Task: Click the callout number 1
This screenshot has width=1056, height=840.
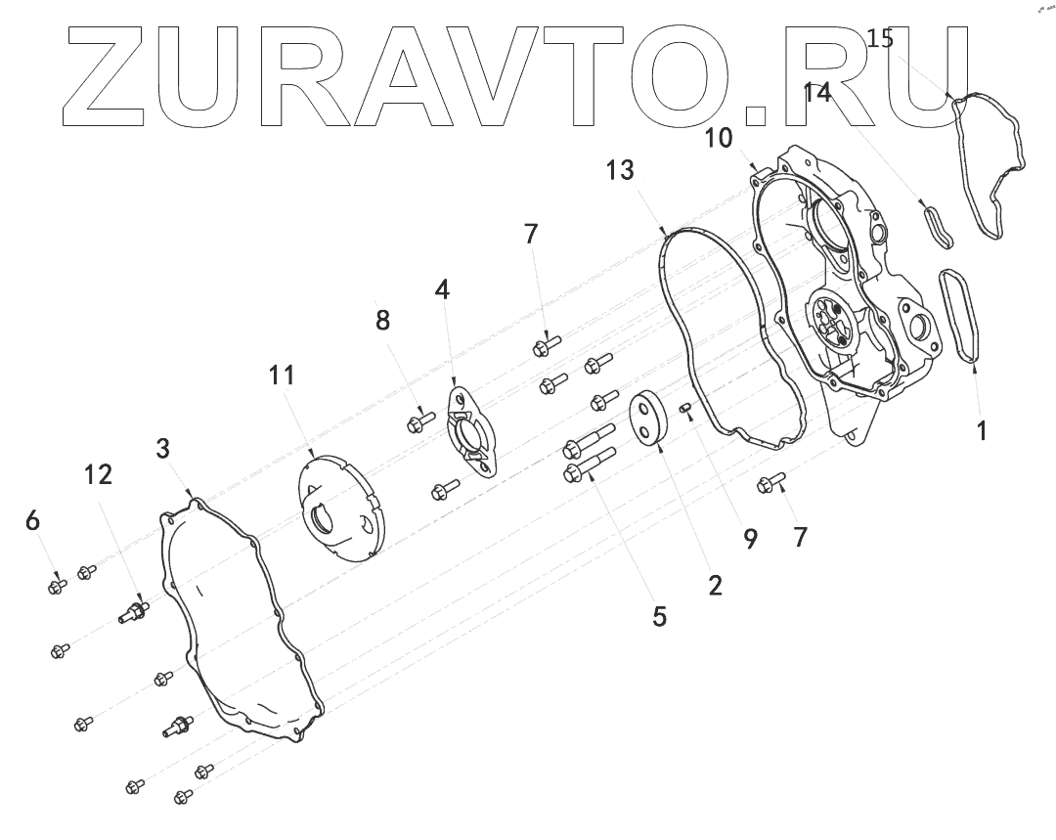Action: [982, 429]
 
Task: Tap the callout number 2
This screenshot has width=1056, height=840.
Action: [715, 585]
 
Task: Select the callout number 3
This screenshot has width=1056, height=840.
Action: [163, 449]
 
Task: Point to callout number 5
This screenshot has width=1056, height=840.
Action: [659, 616]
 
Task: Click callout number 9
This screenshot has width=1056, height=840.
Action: [750, 539]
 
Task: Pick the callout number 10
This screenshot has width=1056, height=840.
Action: [719, 138]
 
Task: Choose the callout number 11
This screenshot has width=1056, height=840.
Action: [283, 375]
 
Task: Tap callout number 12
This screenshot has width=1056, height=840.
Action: [98, 474]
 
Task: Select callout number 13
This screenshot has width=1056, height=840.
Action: [620, 170]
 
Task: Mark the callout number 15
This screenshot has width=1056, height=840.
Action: [880, 39]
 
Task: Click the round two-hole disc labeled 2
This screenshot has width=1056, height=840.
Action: [646, 419]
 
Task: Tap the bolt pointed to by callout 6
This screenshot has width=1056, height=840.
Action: [57, 586]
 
